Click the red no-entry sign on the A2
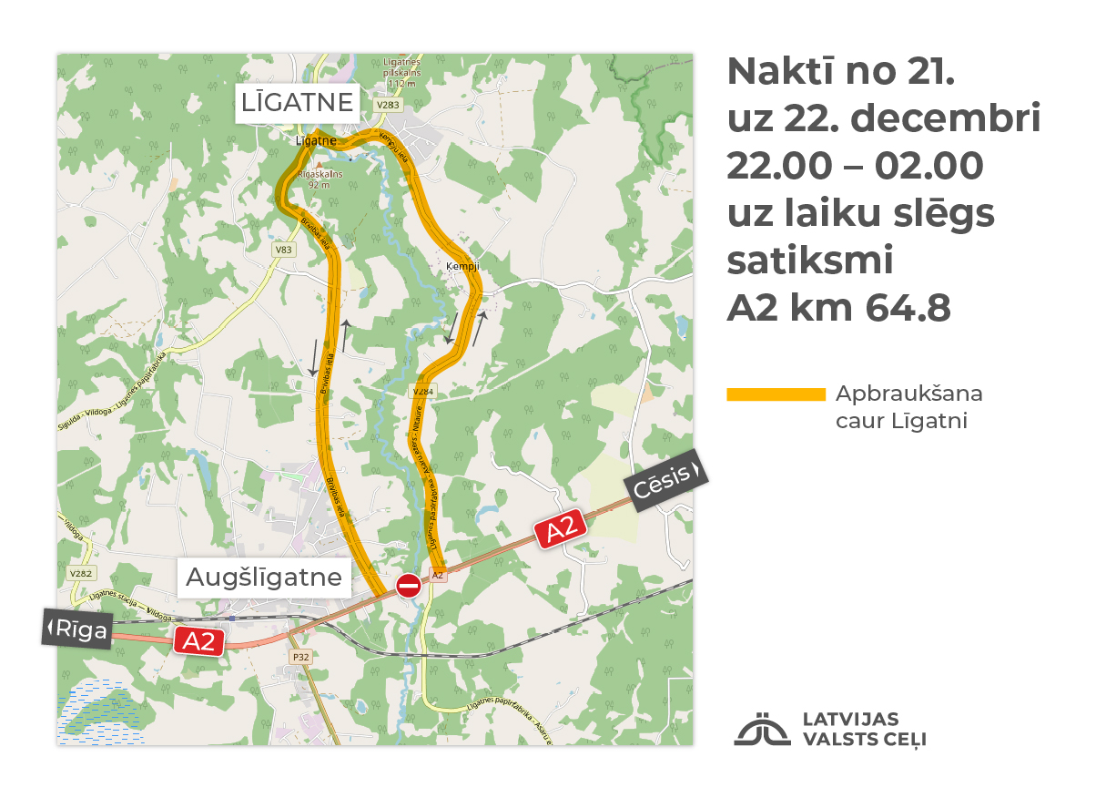point(409,585)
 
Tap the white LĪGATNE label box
point(297,103)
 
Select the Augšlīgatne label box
point(264,578)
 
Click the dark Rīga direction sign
point(77,629)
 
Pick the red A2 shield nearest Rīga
point(199,640)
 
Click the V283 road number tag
point(388,106)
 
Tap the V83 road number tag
point(285,249)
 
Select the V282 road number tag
point(80,574)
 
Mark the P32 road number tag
point(299,656)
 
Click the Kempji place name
point(462,267)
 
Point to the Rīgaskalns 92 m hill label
point(319,179)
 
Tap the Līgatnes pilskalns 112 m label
point(401,73)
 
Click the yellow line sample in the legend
point(776,394)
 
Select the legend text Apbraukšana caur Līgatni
point(908,407)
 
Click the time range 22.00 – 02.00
point(855,166)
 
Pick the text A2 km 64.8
point(838,308)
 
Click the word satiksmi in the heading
point(810,261)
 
